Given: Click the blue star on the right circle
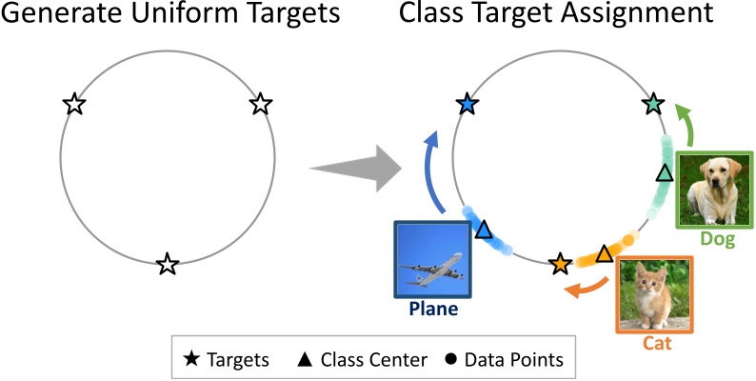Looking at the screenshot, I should click(x=467, y=104).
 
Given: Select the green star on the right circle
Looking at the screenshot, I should click(x=653, y=104).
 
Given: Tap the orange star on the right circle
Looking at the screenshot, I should click(x=560, y=264).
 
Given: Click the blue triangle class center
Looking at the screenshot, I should click(x=484, y=230).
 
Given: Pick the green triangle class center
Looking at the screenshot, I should click(x=666, y=172).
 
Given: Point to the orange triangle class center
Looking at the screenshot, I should click(x=604, y=253).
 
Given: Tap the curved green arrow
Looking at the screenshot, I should click(x=688, y=124).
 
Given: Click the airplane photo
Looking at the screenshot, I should click(x=433, y=260).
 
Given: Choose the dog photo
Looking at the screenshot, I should click(x=715, y=188).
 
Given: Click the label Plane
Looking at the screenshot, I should click(x=433, y=310).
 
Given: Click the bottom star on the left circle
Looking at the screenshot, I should click(x=168, y=264).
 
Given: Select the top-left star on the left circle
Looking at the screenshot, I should click(x=74, y=104).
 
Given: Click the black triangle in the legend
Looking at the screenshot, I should click(x=306, y=359).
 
